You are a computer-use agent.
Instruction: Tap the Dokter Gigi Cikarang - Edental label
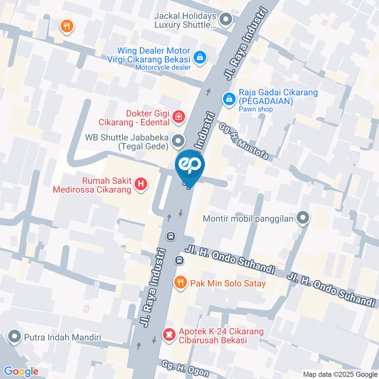point(134,118)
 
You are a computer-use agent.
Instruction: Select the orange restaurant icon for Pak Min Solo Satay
point(180,282)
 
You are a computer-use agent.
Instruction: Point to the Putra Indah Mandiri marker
point(15,337)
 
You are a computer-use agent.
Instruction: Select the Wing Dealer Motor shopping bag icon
point(200,58)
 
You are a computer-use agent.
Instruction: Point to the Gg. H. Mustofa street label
point(245,141)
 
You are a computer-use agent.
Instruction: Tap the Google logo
point(21,371)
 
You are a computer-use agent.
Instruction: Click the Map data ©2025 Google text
point(340,374)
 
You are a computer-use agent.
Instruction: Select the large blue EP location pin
point(190,168)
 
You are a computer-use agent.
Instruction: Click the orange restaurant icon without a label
point(67,26)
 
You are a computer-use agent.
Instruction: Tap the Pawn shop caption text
point(256,109)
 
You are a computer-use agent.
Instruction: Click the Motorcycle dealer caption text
point(163,68)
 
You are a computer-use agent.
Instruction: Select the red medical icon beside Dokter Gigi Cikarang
point(178,116)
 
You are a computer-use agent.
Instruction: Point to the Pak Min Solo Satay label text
point(228,283)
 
